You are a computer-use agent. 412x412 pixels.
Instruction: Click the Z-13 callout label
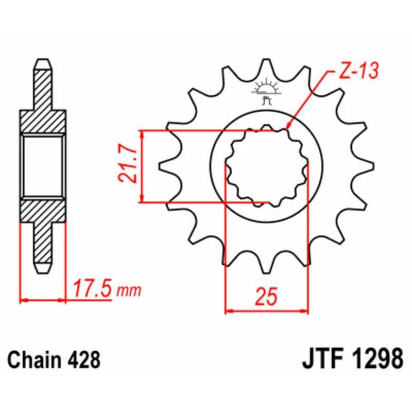(x=357, y=71)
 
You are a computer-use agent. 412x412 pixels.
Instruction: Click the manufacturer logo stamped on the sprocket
(x=267, y=91)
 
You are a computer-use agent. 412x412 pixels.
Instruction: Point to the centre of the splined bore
(x=267, y=166)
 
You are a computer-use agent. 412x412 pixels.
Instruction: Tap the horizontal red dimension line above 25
(x=267, y=311)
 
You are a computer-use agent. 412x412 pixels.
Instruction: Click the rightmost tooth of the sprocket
(x=368, y=166)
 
